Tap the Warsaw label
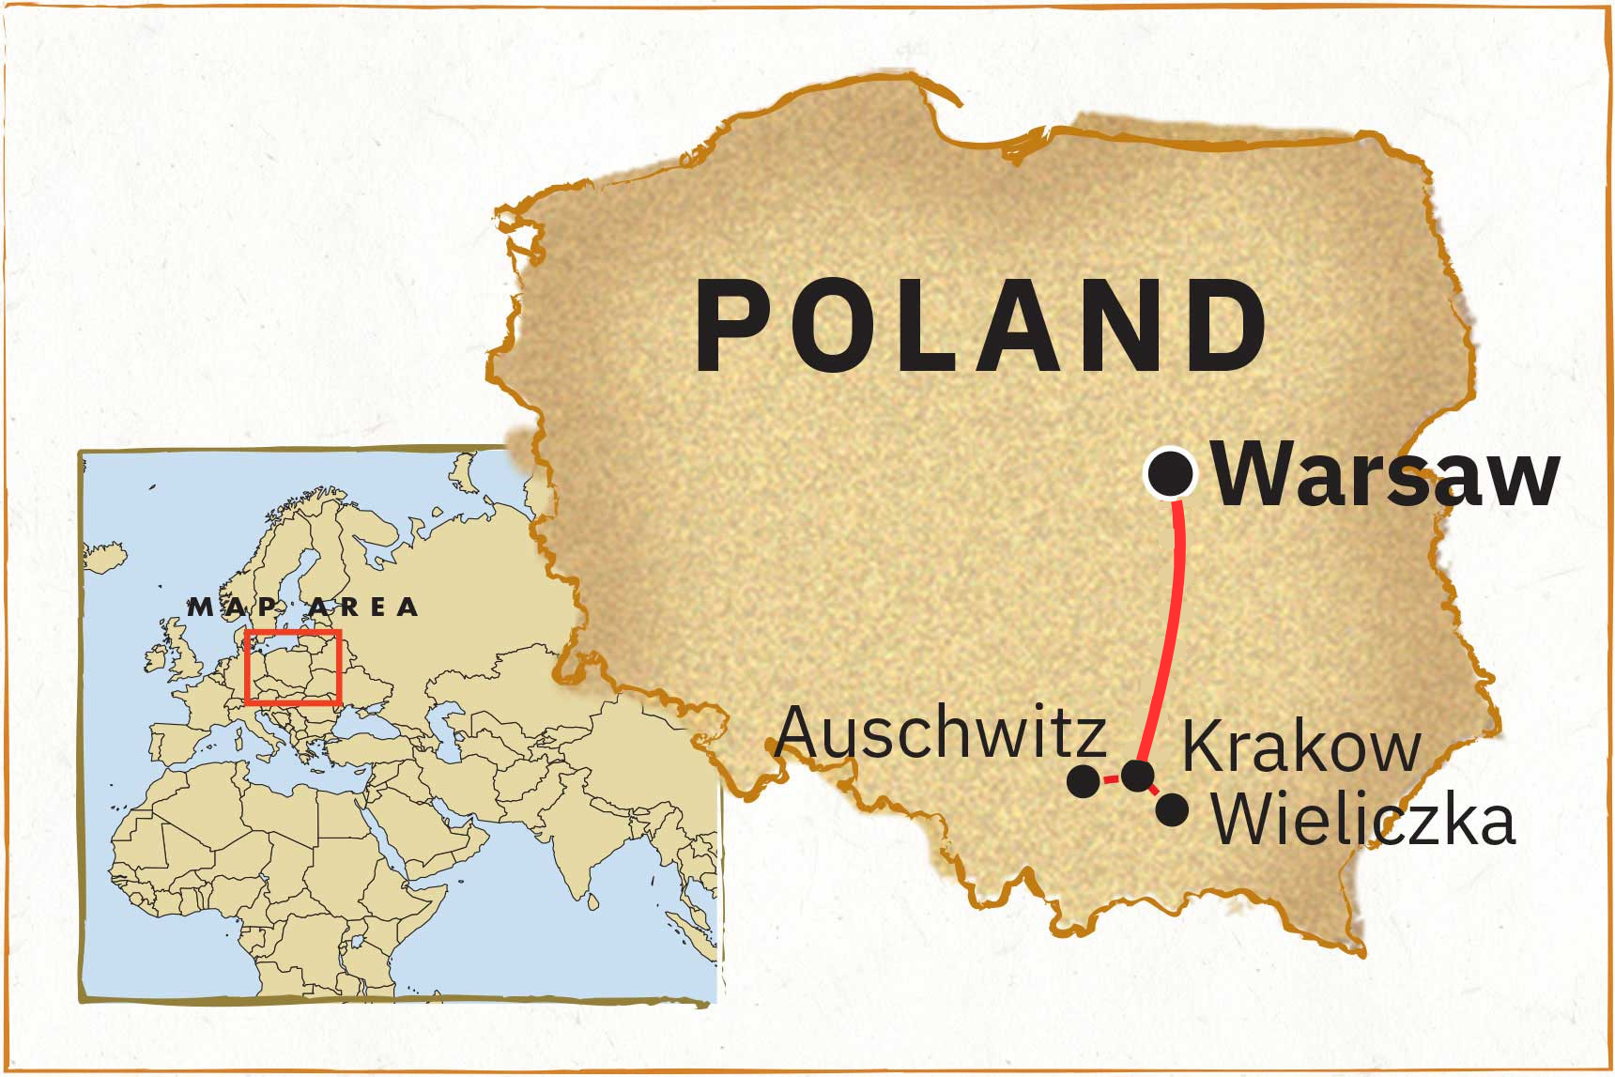pyautogui.click(x=1386, y=475)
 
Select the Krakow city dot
pyautogui.click(x=1138, y=775)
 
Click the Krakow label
pyautogui.click(x=1300, y=747)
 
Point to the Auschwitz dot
pyautogui.click(x=1084, y=780)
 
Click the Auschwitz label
pyautogui.click(x=940, y=732)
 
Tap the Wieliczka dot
pyautogui.click(x=1172, y=809)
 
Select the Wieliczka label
pyautogui.click(x=1362, y=820)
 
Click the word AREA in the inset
pyautogui.click(x=363, y=608)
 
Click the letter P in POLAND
pyautogui.click(x=731, y=326)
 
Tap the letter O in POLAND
pyautogui.click(x=827, y=326)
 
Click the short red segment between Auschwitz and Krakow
pyautogui.click(x=1111, y=778)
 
